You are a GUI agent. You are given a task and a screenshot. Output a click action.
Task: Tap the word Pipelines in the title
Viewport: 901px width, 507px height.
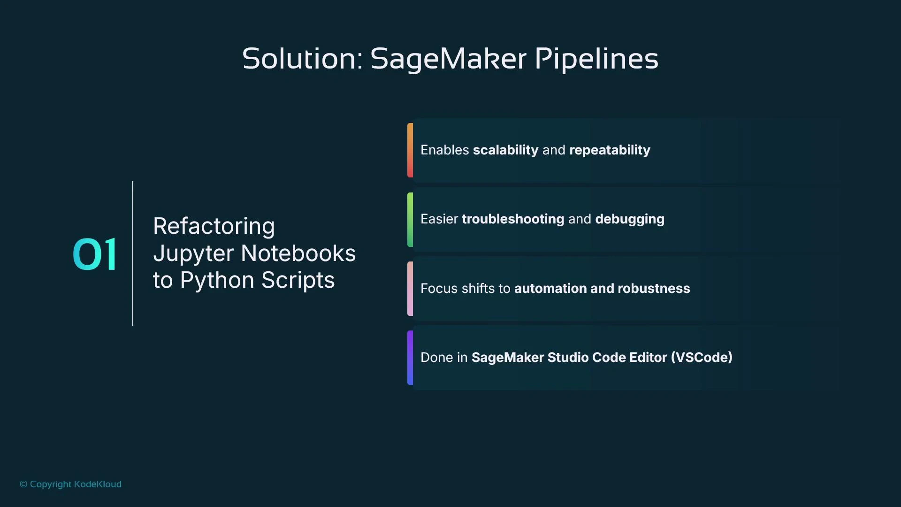(596, 59)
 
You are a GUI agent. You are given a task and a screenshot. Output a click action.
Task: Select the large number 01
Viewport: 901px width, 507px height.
(95, 254)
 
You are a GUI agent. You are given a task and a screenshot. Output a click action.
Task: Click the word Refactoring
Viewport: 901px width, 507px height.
(214, 226)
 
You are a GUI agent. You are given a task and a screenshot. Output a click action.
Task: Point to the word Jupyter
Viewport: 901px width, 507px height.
(193, 253)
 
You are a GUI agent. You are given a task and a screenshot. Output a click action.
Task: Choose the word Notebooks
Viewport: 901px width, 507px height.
(298, 253)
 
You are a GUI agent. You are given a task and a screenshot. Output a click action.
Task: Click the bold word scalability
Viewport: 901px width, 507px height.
(505, 150)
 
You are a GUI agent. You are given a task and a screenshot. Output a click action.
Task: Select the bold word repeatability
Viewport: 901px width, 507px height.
(610, 150)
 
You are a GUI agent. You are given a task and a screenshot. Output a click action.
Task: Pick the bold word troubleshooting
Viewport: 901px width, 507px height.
(513, 219)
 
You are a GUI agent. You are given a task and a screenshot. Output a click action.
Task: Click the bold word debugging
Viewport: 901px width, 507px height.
(629, 219)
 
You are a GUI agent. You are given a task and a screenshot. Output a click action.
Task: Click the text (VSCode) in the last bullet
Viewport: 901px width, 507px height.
(702, 357)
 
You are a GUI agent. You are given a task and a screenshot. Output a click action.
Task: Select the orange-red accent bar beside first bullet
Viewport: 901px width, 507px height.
(410, 150)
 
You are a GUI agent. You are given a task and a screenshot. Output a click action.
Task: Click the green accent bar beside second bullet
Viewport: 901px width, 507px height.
(410, 219)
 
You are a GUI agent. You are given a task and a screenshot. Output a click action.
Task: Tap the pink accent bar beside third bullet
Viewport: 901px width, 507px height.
(410, 288)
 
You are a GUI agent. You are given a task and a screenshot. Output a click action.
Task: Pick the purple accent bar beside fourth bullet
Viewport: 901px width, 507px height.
(410, 357)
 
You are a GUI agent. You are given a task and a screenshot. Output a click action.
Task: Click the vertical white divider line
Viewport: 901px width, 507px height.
(133, 253)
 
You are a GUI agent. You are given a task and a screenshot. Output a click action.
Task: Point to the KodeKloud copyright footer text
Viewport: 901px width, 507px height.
(71, 484)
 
